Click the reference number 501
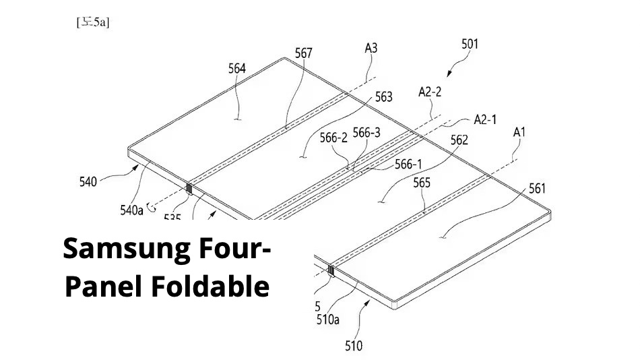470,44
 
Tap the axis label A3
371,48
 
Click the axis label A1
519,133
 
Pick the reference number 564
237,69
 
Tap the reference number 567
304,52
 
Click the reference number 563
383,97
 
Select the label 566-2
333,137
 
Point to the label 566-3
366,133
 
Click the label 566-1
409,163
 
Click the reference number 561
538,189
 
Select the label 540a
132,210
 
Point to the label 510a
327,320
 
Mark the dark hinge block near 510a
331,271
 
